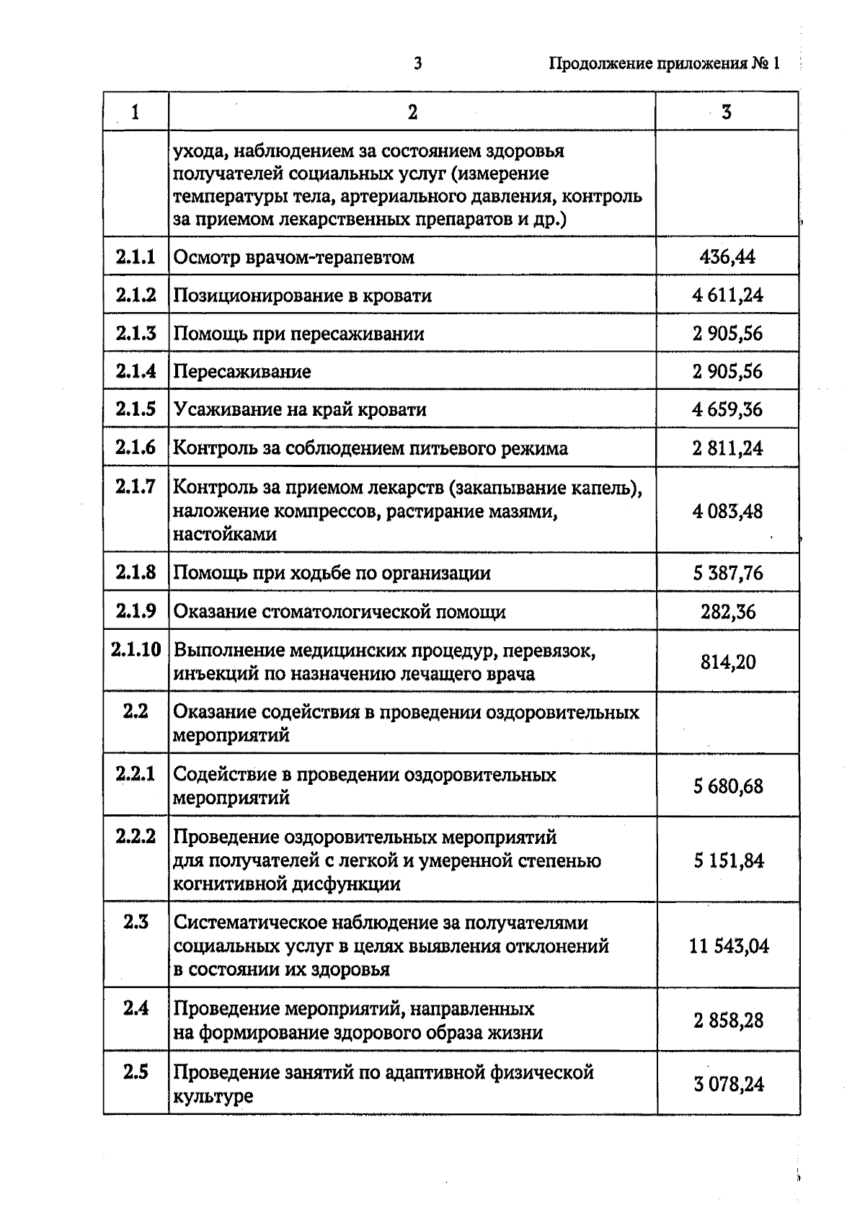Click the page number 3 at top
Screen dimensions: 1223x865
417,63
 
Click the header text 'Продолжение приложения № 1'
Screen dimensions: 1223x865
665,63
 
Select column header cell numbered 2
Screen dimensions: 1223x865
412,112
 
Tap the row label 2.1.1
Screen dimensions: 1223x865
136,257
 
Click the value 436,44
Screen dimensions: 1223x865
727,257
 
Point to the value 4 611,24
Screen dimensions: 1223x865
727,295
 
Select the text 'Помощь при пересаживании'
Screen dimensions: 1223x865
299,334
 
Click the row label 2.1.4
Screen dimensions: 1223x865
136,371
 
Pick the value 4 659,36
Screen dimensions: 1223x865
727,409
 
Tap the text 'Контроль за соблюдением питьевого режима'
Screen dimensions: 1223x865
371,448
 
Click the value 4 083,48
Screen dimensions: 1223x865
727,512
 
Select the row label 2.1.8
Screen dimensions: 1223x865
136,572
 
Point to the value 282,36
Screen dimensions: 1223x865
728,612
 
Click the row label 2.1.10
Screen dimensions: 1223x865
136,649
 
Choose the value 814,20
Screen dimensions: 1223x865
728,662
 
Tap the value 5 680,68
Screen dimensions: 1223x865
728,786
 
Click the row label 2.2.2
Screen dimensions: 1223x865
136,837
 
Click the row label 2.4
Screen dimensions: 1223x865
136,1008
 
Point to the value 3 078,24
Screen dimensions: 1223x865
728,1084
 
